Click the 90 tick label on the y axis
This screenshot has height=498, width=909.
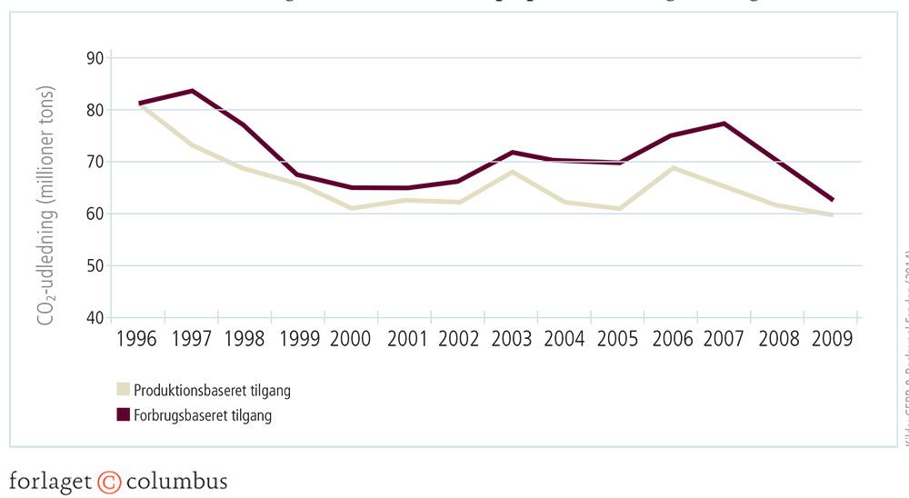[94, 58]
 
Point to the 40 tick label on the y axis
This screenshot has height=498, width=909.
[94, 318]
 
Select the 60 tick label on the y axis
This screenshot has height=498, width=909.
[94, 214]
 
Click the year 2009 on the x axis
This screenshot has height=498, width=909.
[832, 339]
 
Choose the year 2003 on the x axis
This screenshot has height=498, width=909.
[513, 339]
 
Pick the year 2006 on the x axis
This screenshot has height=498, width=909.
[673, 339]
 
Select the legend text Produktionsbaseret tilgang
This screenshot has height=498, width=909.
[212, 391]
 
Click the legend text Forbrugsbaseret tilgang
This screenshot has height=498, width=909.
[203, 416]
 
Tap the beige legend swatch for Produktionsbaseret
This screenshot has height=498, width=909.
[123, 391]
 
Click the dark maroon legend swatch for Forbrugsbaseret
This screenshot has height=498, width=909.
[123, 416]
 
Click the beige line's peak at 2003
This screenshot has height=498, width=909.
[514, 172]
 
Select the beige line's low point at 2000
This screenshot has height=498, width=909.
[353, 208]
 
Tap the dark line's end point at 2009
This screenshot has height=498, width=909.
[831, 200]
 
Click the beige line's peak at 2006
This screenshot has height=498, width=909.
[673, 167]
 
